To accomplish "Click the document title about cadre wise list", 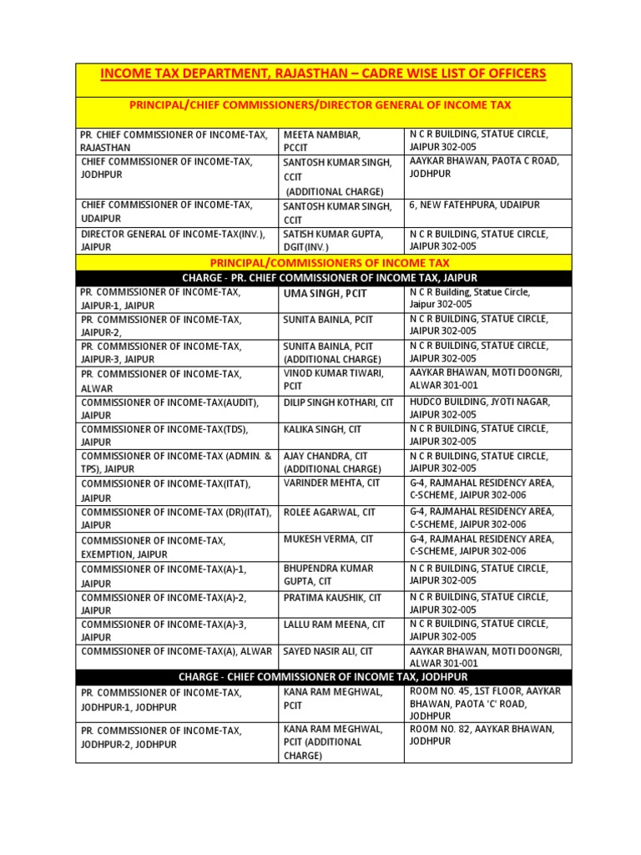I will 323,74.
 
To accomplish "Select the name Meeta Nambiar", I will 322,134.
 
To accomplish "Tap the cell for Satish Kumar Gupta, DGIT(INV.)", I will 333,240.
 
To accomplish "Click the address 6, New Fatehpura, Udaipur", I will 475,205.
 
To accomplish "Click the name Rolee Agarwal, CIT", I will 329,512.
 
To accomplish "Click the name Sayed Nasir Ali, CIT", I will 328,651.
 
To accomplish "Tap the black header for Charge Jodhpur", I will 323,676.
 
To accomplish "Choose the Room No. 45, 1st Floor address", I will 485,704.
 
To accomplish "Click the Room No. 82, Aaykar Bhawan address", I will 480,735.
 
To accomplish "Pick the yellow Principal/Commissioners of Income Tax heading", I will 323,263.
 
